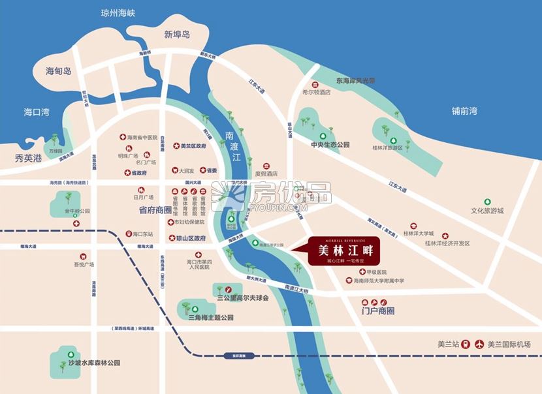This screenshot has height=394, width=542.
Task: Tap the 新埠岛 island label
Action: coord(177,34)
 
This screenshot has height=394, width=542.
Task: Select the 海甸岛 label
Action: coord(58,71)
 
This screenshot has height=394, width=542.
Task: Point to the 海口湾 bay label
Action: coord(37,112)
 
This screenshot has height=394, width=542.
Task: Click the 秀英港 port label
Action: coord(28,158)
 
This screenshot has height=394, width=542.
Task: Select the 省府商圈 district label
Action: coord(155,210)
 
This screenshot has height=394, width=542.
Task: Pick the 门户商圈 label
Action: coord(378,311)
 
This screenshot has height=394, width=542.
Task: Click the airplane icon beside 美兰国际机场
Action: coord(481,344)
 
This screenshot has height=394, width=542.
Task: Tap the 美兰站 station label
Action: coord(449,344)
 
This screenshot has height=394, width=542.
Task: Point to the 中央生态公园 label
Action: coord(330,145)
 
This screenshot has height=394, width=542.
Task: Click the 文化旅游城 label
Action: coord(488,211)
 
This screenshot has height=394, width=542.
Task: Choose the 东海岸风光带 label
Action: coord(356,81)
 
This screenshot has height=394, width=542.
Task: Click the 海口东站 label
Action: coord(142,234)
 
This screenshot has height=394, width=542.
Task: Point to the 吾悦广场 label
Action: coord(84,264)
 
